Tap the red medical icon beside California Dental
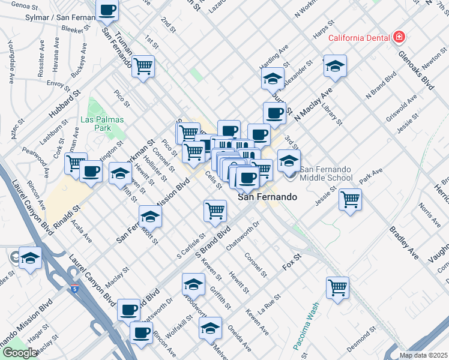(x=398, y=37)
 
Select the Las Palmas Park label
(x=102, y=124)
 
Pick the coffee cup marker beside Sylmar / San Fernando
(x=108, y=10)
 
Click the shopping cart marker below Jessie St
(x=350, y=199)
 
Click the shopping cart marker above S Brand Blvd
(x=215, y=210)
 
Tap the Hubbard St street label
(x=70, y=103)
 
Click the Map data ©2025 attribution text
(x=424, y=355)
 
